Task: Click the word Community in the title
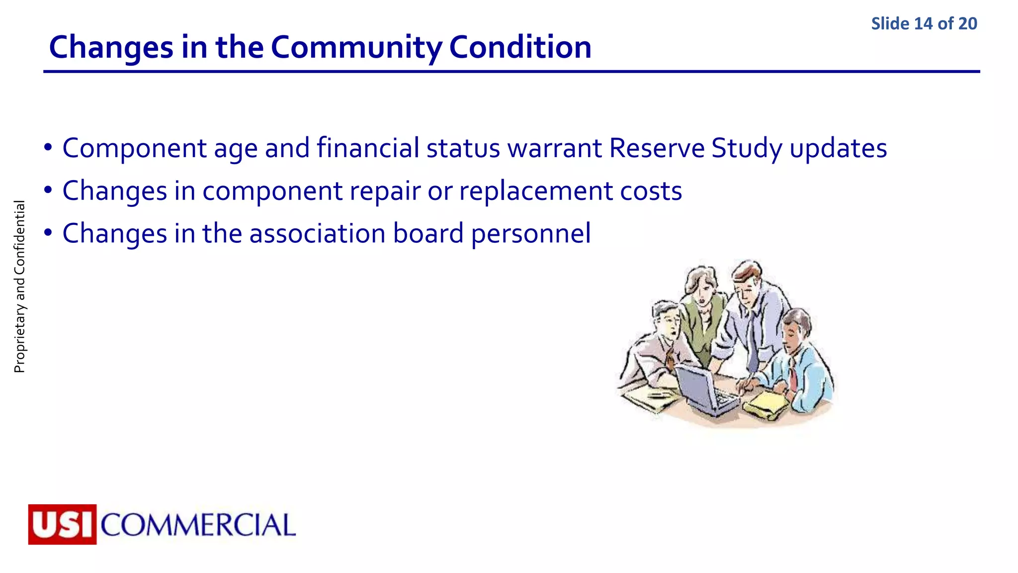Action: coord(356,48)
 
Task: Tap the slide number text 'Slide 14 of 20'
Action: coord(924,24)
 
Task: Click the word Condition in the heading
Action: coord(520,48)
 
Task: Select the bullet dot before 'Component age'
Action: coord(48,148)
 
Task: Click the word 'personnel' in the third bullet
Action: coord(530,234)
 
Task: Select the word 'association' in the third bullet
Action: coord(317,234)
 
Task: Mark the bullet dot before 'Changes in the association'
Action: coord(48,233)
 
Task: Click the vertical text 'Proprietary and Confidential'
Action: coord(19,286)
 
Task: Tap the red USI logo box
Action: coord(63,524)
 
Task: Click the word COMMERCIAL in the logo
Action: coord(198,525)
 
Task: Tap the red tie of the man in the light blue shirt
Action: coord(793,376)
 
